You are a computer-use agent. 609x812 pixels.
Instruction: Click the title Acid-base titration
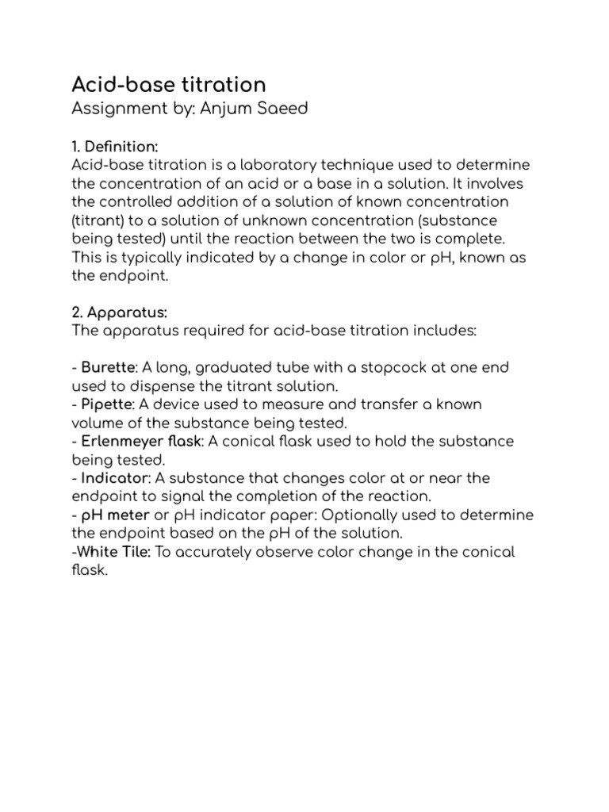pyautogui.click(x=169, y=85)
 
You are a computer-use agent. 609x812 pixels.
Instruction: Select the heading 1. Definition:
pyautogui.click(x=115, y=146)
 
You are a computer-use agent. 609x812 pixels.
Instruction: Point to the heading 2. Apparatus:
pyautogui.click(x=119, y=312)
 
